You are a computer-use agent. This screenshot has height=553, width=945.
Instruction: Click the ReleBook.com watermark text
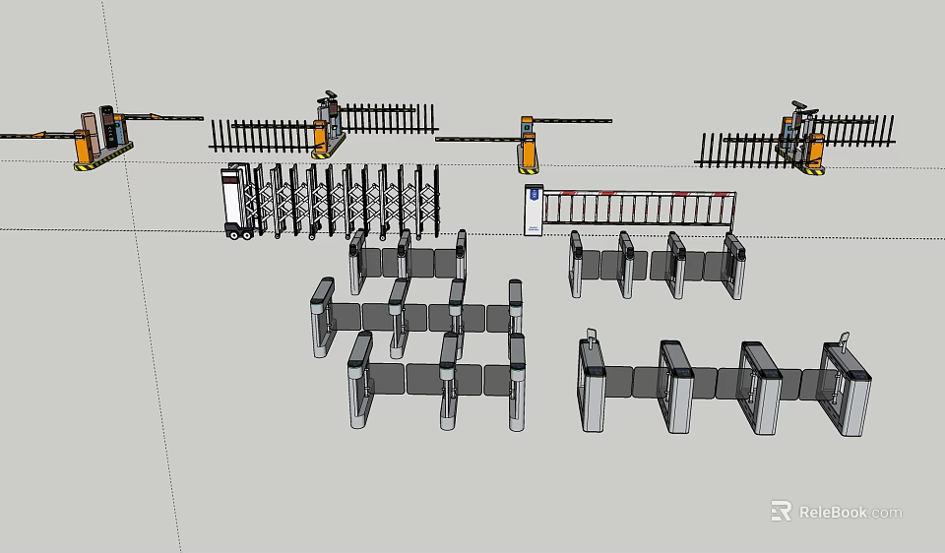pyautogui.click(x=850, y=512)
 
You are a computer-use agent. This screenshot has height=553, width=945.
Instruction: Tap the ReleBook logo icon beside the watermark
pyautogui.click(x=781, y=511)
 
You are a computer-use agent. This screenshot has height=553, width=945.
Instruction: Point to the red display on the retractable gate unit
pyautogui.click(x=230, y=178)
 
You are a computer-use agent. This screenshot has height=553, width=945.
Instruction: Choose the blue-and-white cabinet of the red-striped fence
pyautogui.click(x=533, y=209)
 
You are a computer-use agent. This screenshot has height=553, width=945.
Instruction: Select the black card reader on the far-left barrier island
pyautogui.click(x=106, y=127)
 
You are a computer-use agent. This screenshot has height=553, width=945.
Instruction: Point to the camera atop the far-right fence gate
pyautogui.click(x=797, y=105)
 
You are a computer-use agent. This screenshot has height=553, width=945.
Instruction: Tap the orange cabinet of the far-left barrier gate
pyautogui.click(x=83, y=146)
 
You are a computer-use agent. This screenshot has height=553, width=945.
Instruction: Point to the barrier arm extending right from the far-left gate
pyautogui.click(x=162, y=118)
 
